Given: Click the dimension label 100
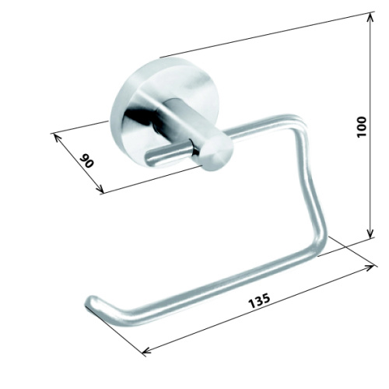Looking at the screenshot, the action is pos(362,127).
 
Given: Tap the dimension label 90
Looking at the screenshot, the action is pos(86,161).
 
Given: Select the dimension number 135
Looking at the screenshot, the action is pos(259,301).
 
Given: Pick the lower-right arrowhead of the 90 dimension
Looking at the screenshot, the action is pos(100,190).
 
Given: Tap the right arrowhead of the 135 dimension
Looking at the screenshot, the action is pos(370,268).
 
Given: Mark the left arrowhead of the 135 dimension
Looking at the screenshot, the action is pos(147,351).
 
